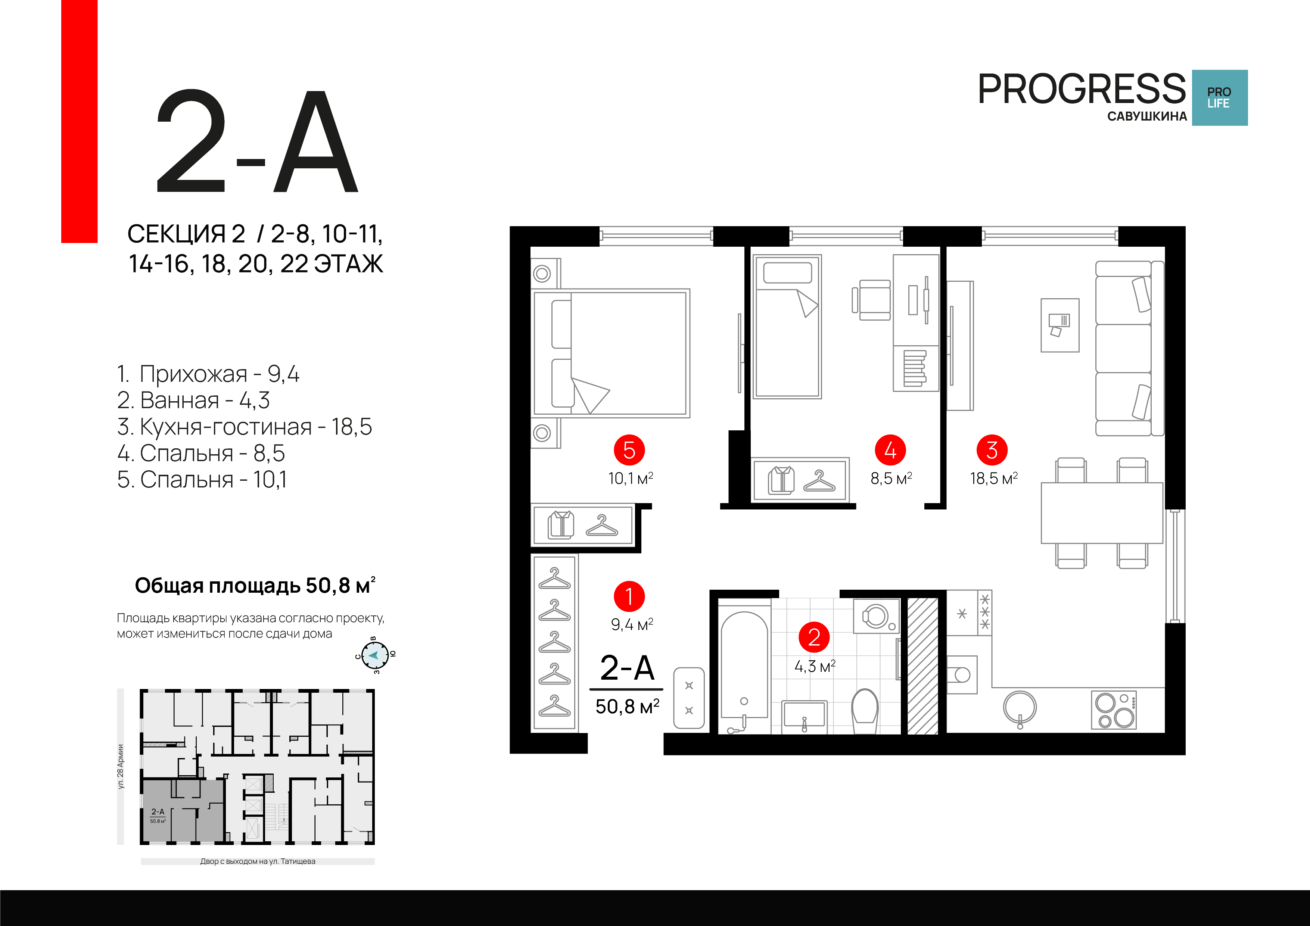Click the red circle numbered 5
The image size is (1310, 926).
[x=629, y=450]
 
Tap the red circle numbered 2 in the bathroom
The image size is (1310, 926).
[x=813, y=637]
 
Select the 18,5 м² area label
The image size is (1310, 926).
[x=993, y=478]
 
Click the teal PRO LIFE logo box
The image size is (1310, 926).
[x=1219, y=97]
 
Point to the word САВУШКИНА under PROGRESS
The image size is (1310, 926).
[x=1147, y=116]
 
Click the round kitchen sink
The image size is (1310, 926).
[x=1020, y=708]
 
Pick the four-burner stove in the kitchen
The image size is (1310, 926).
[x=1113, y=710]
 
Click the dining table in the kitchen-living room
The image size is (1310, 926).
[x=1101, y=513]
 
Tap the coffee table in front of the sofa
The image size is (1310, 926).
[x=1059, y=325]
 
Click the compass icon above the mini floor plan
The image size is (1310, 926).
[x=375, y=655]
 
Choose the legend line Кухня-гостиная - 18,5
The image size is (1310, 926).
[x=244, y=426]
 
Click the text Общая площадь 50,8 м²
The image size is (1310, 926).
[x=255, y=585]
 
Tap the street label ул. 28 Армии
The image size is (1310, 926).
[x=120, y=766]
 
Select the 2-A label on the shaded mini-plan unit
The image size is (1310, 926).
[x=158, y=811]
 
